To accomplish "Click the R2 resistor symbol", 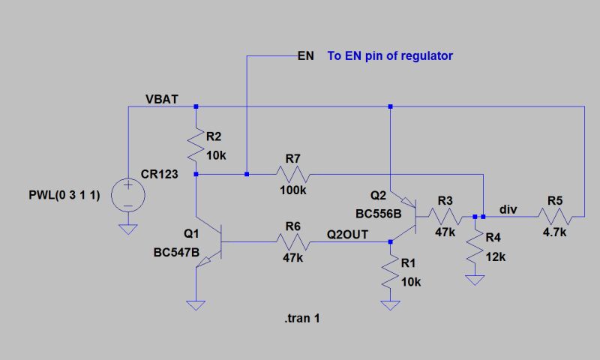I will tap(195, 145).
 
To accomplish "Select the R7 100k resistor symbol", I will tap(292, 174).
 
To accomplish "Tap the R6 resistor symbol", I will tap(292, 241).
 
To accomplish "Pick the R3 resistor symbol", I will tap(446, 216).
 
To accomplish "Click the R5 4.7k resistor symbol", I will tap(555, 216).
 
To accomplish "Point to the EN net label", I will tap(305, 56).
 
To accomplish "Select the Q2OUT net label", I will tap(347, 234).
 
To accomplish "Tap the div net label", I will tap(508, 209).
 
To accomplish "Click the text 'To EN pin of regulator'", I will tap(390, 56).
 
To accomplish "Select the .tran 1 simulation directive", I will tap(303, 319).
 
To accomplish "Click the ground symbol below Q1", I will tap(195, 305).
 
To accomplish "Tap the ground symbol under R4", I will tap(474, 281).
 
